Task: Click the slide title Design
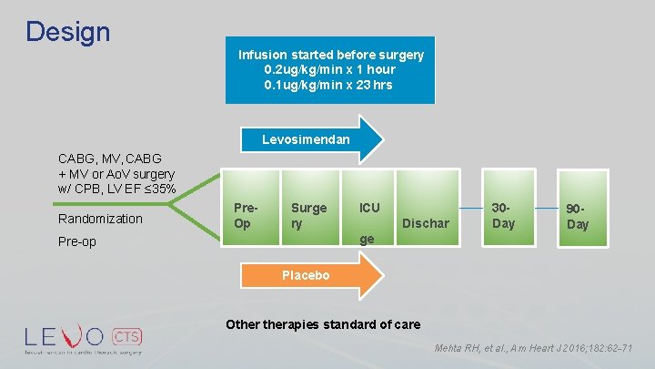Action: click(x=67, y=32)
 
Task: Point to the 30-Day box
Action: click(x=503, y=215)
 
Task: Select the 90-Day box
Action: click(x=577, y=215)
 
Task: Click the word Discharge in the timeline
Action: click(x=426, y=223)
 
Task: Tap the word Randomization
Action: click(x=100, y=219)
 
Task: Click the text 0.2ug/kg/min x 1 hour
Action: click(x=330, y=69)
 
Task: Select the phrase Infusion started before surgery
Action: click(x=330, y=55)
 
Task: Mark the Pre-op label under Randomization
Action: click(x=77, y=242)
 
